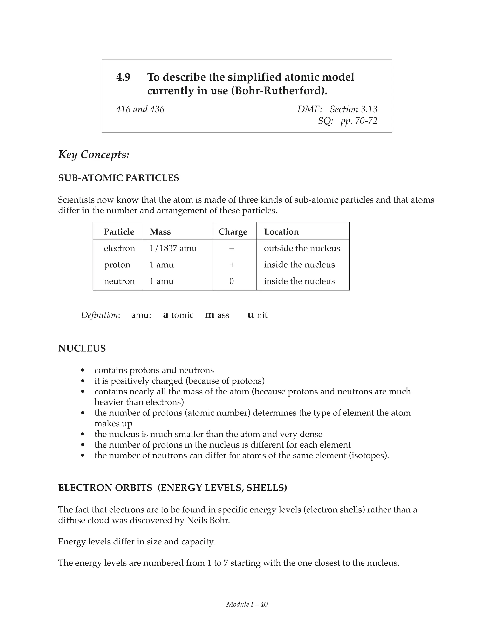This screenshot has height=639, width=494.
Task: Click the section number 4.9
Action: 123,77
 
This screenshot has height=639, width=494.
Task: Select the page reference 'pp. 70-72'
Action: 358,121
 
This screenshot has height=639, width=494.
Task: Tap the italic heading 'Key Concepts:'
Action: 94,155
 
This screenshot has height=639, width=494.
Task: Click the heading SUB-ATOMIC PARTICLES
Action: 118,178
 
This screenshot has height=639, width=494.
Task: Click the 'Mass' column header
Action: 160,232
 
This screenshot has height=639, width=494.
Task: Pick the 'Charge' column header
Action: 233,232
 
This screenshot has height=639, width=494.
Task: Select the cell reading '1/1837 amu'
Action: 173,248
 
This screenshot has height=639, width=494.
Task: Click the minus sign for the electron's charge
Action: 232,248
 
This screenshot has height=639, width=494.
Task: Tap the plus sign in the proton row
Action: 232,265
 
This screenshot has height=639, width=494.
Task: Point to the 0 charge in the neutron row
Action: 232,281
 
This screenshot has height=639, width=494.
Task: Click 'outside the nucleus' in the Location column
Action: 302,248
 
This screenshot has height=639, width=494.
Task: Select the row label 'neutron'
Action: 119,281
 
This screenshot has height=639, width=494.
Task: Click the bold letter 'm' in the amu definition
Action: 210,315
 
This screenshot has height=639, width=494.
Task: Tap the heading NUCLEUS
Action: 82,348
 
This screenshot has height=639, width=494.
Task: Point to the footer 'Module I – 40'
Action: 247,605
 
